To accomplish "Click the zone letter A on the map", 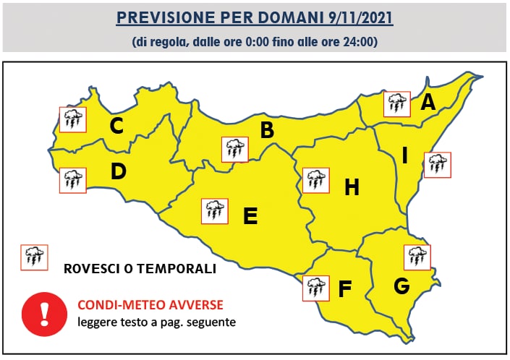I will (428, 103).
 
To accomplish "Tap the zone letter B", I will (267, 131).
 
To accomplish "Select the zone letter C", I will (116, 126).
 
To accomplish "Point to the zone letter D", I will (119, 172).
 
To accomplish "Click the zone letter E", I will (250, 215).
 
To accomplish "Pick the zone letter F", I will (345, 289).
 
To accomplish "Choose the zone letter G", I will (401, 286).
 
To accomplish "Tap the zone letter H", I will (352, 187).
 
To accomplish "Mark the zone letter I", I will (405, 155).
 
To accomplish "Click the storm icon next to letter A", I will (396, 105).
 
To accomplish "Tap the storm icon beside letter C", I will (72, 119).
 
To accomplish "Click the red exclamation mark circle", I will (44, 310).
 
